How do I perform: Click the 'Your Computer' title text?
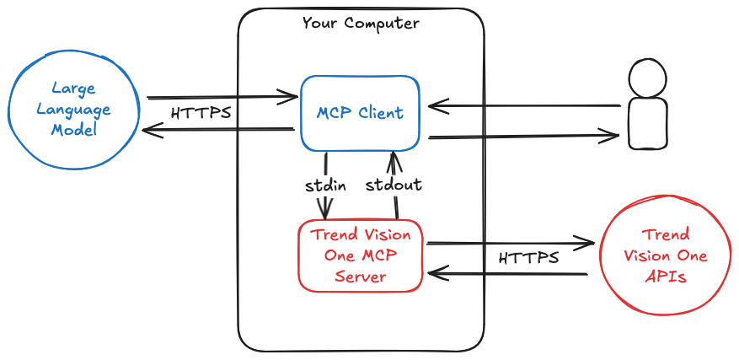coord(361,23)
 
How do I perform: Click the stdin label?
coord(325,185)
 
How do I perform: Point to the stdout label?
coord(394,185)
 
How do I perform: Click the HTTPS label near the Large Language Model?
coord(201,113)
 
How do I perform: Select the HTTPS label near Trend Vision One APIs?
coord(529,258)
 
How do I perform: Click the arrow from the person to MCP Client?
coord(524,106)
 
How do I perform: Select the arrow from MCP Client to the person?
coord(523,137)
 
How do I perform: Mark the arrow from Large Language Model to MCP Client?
coord(222,97)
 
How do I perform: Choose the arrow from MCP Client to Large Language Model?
coord(218,129)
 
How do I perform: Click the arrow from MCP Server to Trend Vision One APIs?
coord(511,244)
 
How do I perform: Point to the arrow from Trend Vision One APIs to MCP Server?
coord(507,274)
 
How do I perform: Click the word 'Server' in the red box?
coord(361,276)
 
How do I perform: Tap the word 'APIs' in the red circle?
coord(666,277)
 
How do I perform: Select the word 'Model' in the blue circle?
coord(74,130)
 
